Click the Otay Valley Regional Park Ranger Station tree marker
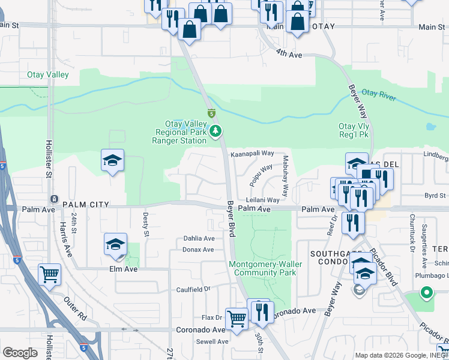216,131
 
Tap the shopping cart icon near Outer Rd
49,274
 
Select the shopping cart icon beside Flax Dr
237,319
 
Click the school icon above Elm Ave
115,244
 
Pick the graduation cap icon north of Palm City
112,160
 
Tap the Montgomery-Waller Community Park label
263,268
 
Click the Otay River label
379,94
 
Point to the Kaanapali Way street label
252,154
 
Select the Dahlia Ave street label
199,238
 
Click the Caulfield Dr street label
193,289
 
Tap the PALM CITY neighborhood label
86,205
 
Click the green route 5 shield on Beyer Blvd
211,113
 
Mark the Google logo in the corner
20,353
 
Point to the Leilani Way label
262,200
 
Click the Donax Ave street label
198,249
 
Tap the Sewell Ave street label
212,341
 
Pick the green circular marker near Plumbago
426,293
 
